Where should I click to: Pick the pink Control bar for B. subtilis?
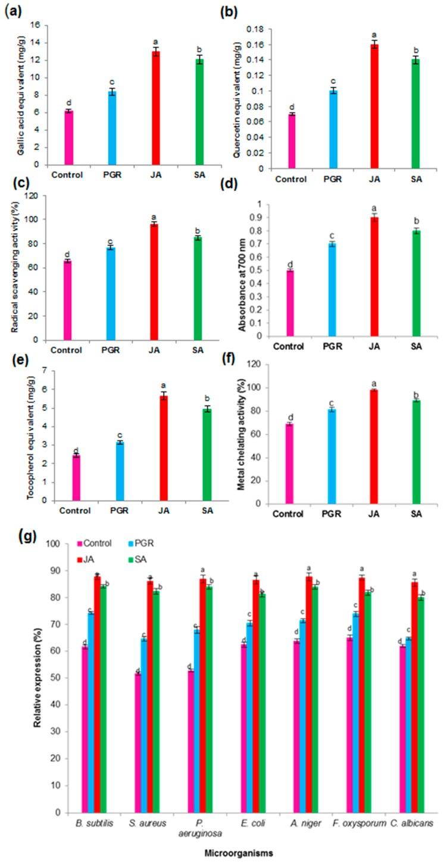pyautogui.click(x=85, y=729)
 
